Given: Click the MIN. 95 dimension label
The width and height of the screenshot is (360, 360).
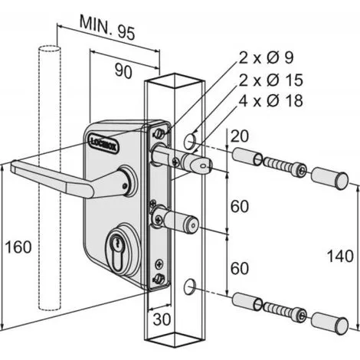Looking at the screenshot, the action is (x=107, y=28).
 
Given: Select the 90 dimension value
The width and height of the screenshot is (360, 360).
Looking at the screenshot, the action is (x=123, y=71).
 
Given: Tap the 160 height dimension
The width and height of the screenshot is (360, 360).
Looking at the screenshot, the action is (x=18, y=247).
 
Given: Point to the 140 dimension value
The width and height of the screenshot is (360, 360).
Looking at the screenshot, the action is (x=340, y=256).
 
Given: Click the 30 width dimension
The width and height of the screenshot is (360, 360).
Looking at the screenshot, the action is (x=162, y=319).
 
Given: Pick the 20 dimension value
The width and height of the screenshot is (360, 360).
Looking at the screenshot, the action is (x=239, y=136).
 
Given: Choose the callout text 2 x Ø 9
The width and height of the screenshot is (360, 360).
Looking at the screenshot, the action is (x=267, y=57).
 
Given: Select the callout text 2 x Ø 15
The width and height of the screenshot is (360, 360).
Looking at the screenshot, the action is (x=271, y=80).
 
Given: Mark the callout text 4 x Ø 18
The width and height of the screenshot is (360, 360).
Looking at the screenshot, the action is (x=271, y=100).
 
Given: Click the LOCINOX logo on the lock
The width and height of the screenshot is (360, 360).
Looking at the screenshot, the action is (x=104, y=144).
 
